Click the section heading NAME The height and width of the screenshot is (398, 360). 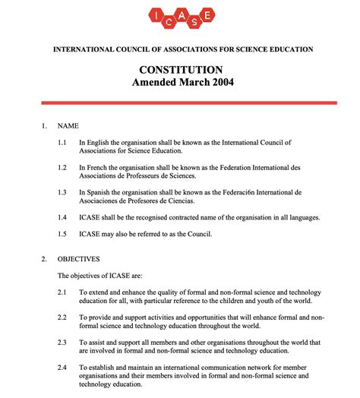click(68, 125)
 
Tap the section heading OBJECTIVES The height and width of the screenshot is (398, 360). click(80, 258)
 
